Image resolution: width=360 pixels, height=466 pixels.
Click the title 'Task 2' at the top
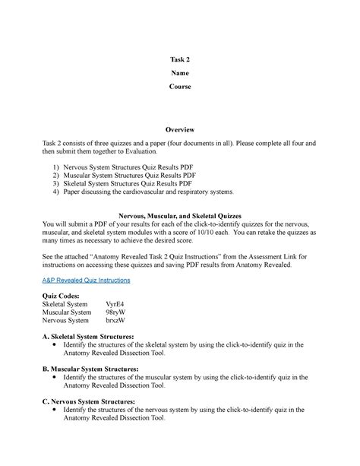click(180, 59)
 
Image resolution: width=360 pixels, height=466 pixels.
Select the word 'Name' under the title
click(180, 73)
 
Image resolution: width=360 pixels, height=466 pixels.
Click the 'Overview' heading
click(180, 130)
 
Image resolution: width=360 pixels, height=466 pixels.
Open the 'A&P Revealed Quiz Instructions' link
click(87, 280)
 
